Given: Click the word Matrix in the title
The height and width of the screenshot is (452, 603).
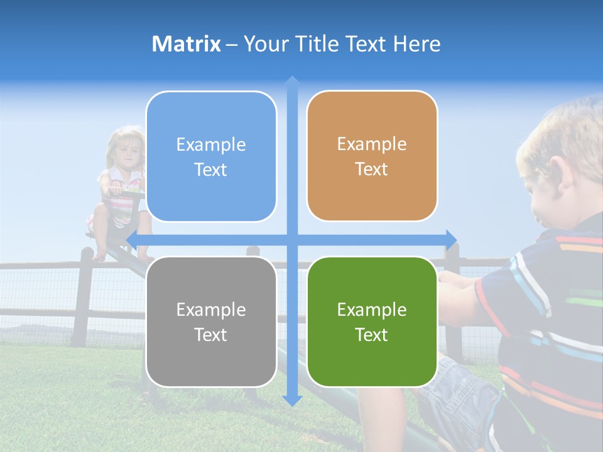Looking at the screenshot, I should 187,44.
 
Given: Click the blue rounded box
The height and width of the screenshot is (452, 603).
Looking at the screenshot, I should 211,157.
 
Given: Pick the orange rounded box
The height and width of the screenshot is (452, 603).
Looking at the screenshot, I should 372,156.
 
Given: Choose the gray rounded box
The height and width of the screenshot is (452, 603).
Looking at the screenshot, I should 211,321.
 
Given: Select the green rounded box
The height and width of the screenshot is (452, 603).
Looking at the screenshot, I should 372,321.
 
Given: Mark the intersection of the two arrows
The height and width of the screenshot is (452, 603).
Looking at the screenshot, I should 291,239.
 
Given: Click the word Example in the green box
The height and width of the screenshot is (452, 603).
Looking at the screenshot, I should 372,309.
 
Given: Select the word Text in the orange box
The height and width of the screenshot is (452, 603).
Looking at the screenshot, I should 372,169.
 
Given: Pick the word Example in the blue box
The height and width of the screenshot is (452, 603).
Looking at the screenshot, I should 211,144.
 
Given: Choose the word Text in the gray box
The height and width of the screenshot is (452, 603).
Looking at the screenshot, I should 211,335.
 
